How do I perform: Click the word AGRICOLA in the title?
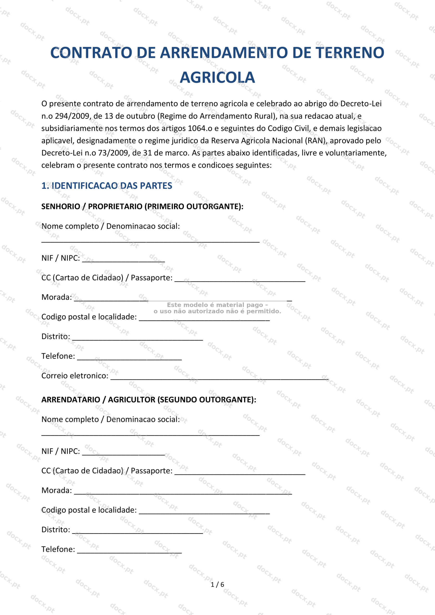pos(217,78)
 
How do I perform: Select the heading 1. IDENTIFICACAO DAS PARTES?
pos(107,186)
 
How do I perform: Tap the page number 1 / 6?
pos(217,584)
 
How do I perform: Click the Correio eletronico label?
pos(75,376)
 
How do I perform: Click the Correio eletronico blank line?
pos(219,378)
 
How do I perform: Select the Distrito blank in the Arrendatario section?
pos(137,532)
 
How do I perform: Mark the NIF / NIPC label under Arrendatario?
pos(61,451)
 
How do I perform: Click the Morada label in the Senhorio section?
pos(56,297)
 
